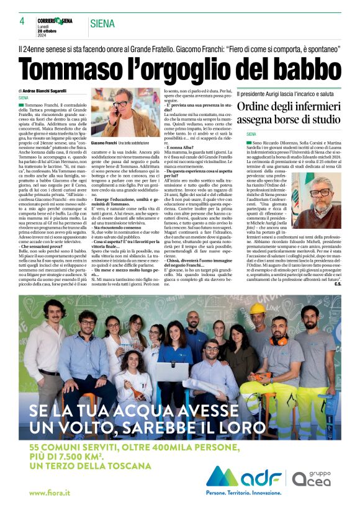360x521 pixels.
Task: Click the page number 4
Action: point(22,21)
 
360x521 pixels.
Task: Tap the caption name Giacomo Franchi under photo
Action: point(104,143)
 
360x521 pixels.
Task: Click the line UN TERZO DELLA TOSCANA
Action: point(81,467)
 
